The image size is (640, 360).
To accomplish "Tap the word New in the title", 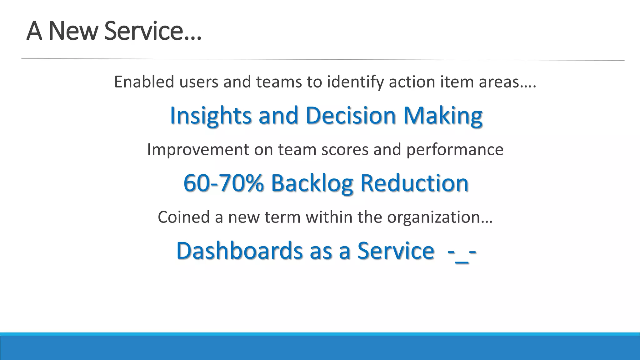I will [x=73, y=31].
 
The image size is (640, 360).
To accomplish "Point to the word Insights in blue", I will [x=211, y=116].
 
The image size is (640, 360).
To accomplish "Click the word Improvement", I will [x=198, y=150].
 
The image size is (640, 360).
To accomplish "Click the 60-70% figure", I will [x=223, y=183].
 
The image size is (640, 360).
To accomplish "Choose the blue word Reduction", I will [x=414, y=183].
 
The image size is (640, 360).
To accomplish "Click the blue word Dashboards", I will [x=239, y=251].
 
